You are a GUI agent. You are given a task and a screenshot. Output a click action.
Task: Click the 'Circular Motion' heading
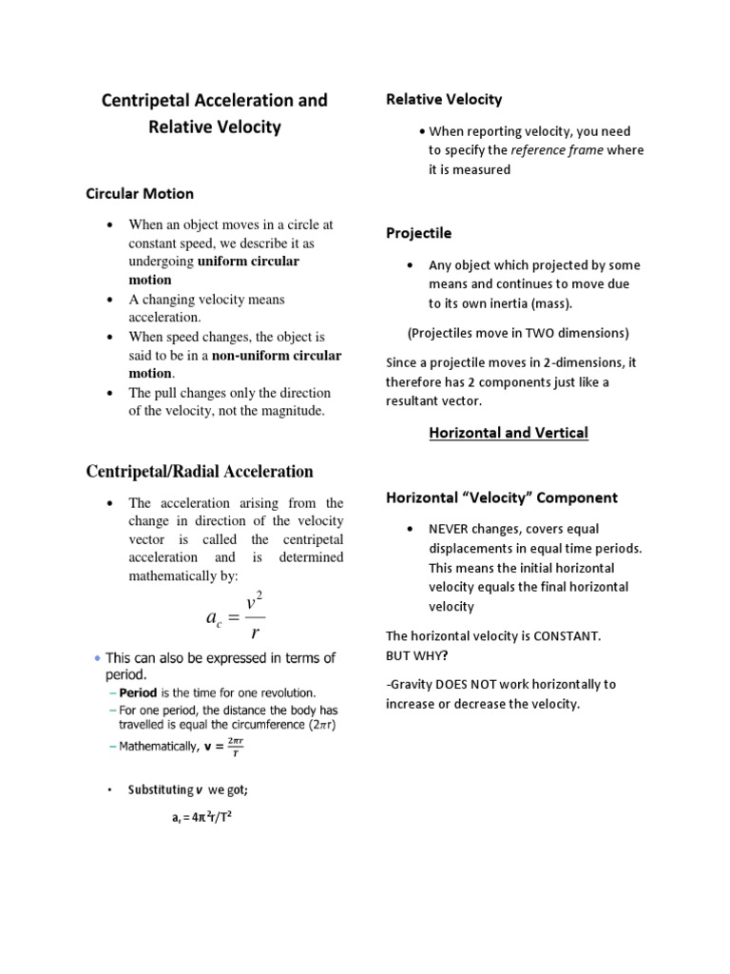(140, 193)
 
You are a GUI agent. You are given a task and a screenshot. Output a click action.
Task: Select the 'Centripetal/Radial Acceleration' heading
(200, 471)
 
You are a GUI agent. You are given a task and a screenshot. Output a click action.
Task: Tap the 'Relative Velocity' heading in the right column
(443, 99)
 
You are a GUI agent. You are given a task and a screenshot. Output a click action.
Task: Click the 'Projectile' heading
(418, 233)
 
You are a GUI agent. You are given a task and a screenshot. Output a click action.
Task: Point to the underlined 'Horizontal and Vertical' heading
(509, 433)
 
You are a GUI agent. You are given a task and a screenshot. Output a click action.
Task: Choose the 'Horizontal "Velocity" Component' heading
(501, 497)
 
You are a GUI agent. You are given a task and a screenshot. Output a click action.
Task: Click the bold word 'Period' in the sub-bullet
(137, 693)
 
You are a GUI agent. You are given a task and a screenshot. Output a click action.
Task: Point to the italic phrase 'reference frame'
(556, 150)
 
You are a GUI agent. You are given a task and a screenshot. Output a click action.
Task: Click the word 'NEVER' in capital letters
(451, 529)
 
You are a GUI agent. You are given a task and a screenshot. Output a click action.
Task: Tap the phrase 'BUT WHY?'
(418, 655)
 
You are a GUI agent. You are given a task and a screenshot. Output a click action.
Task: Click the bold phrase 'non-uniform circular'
(276, 356)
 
